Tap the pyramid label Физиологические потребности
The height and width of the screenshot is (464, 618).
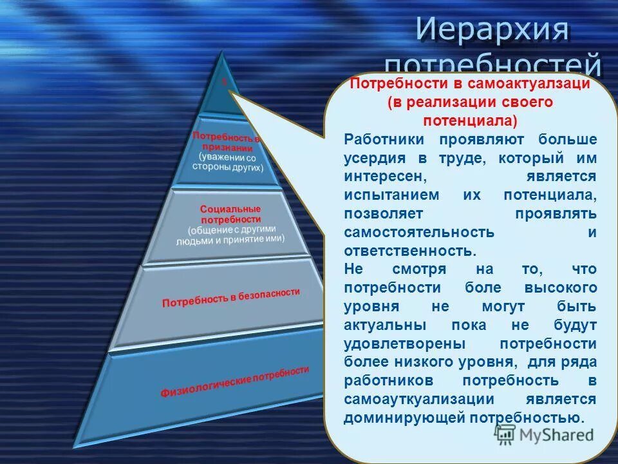tap(234, 382)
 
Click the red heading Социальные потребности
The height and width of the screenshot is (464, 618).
tap(230, 214)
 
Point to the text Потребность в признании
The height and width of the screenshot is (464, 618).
tap(225, 141)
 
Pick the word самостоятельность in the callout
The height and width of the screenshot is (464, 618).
tap(419, 232)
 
